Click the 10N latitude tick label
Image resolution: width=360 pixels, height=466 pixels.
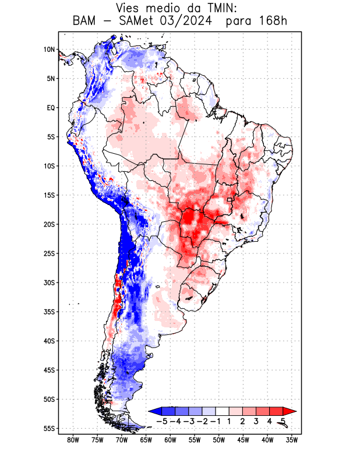(50, 50)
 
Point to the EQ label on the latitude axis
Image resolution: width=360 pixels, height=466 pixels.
(51, 108)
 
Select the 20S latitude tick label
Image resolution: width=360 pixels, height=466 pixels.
(50, 224)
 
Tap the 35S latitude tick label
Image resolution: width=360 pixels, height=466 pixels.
(50, 312)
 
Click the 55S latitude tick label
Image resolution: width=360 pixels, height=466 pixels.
(50, 429)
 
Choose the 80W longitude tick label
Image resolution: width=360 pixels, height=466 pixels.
(73, 440)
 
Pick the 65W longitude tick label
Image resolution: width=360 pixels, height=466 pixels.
(146, 440)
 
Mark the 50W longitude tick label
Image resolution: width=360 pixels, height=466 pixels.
(218, 440)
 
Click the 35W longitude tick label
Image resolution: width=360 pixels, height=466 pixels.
(292, 440)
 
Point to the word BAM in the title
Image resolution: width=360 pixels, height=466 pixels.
(86, 22)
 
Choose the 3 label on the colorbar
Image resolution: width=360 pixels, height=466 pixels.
(256, 421)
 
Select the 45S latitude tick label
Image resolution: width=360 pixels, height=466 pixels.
(50, 370)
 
